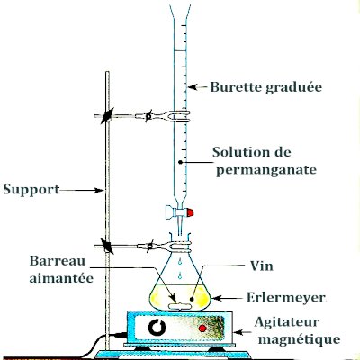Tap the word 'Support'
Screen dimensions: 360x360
click(x=31, y=190)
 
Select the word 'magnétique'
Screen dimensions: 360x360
click(x=297, y=340)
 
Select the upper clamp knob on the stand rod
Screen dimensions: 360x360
click(x=107, y=116)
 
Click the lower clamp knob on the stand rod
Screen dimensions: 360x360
click(x=107, y=245)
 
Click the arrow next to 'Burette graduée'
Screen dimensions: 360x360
click(x=198, y=88)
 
